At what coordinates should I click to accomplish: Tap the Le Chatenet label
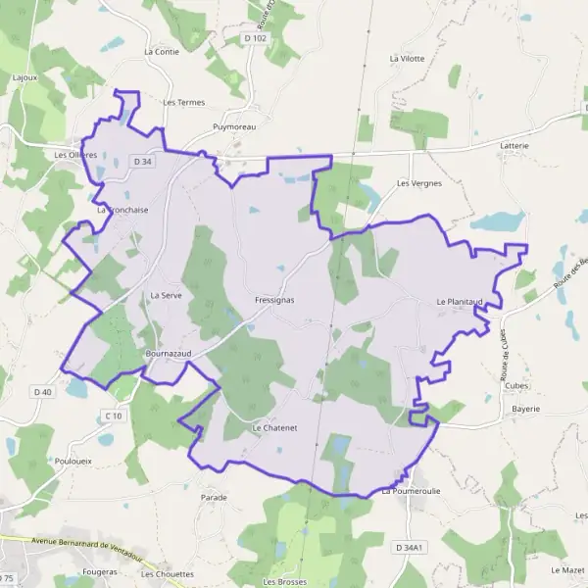[273, 428]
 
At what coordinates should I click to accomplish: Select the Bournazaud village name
[169, 351]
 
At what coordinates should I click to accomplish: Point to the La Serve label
[167, 295]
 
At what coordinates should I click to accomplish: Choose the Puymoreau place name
[234, 127]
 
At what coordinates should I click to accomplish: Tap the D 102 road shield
[255, 38]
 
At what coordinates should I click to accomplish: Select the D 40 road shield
[42, 392]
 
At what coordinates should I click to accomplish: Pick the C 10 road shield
[116, 416]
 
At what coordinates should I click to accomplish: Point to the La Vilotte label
[407, 59]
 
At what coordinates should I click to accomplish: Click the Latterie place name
[514, 145]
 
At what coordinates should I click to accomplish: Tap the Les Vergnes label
[419, 183]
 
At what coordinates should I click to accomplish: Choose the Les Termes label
[183, 102]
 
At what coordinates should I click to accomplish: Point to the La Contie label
[162, 51]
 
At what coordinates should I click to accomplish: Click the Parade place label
[214, 497]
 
